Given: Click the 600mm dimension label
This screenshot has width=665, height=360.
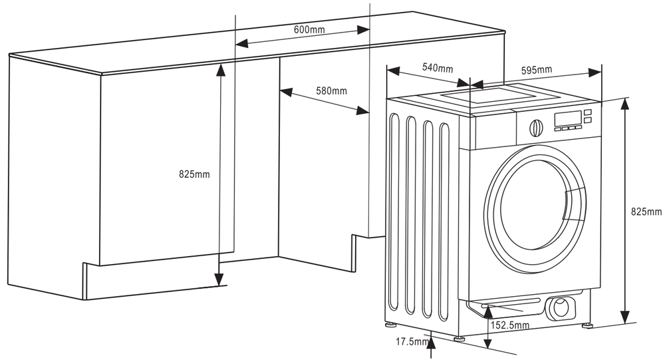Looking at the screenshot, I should tap(309, 29).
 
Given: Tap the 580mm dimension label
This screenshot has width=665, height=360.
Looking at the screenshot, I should tap(331, 90).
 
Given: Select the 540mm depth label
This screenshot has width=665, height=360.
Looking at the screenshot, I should tap(437, 68).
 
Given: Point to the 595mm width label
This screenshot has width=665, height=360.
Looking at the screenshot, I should tap(536, 70).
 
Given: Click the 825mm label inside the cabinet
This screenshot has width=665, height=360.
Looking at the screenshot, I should tap(194, 174).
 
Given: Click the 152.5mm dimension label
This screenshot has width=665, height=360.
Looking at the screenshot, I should tap(509, 325).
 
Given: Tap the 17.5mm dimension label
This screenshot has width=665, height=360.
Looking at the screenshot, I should tap(412, 342).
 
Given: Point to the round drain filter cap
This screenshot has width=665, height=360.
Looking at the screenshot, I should tap(559, 307).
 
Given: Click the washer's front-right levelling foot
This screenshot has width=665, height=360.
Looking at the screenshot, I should tap(587, 325).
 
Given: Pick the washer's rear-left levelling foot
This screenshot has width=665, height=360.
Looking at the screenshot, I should tap(389, 325).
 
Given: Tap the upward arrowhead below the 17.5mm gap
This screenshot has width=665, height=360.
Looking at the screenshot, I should tap(433, 340).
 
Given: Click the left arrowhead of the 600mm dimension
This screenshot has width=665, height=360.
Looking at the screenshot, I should tap(241, 44).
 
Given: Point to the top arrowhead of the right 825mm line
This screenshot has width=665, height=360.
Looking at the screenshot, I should tap(625, 103).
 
